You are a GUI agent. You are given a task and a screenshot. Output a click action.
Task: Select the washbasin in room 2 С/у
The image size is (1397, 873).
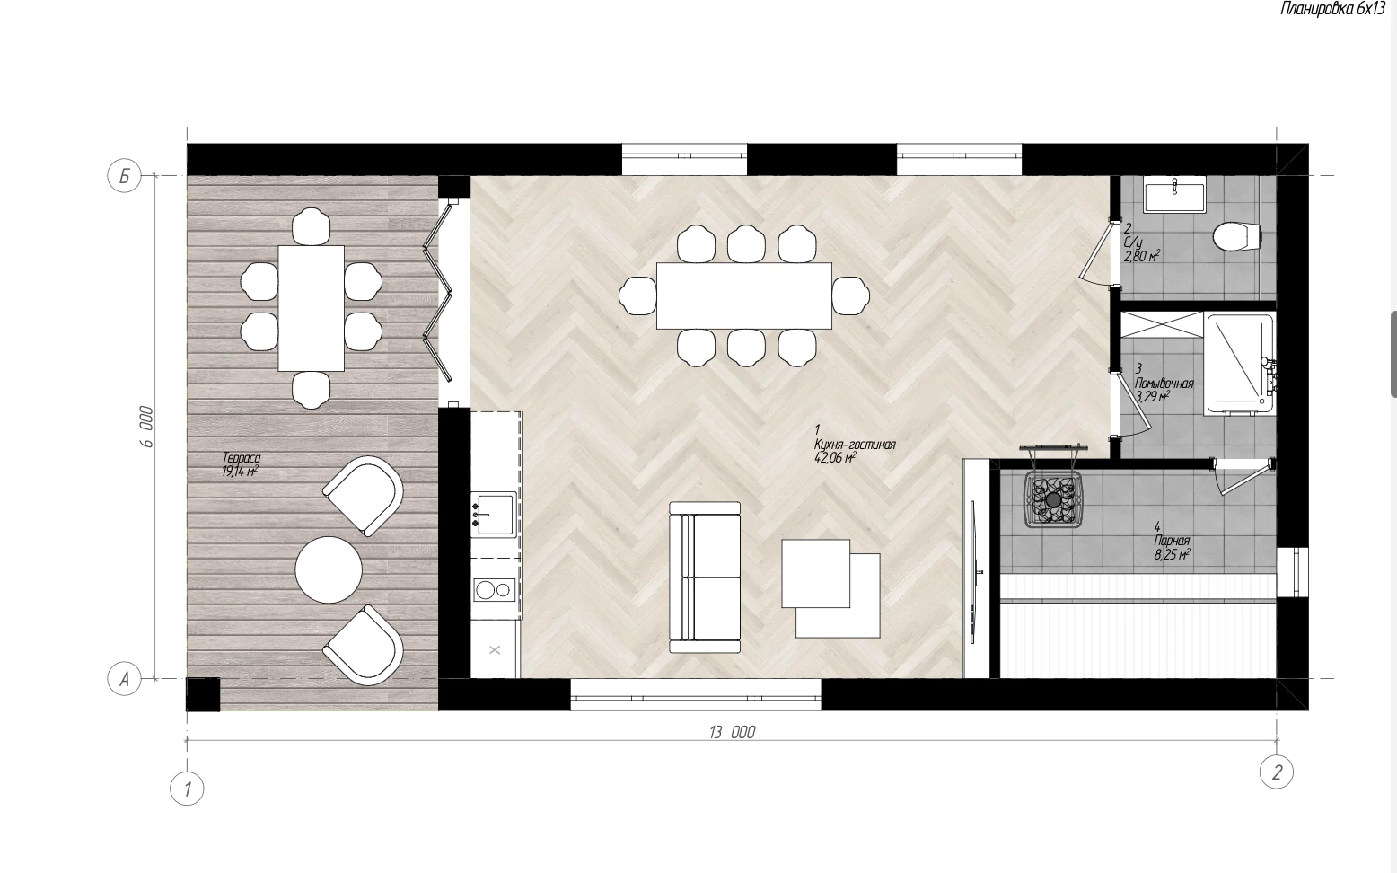(1174, 194)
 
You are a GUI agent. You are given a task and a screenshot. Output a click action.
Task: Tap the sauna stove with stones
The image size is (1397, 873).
(1053, 500)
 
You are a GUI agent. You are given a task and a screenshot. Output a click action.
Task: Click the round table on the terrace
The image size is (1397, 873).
(329, 569)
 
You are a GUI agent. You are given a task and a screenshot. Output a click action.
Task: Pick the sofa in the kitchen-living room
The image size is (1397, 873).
(705, 578)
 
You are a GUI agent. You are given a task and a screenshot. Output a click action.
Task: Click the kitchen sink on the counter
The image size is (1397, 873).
(494, 515)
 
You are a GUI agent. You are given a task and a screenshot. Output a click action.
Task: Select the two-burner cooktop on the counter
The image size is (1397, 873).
(495, 590)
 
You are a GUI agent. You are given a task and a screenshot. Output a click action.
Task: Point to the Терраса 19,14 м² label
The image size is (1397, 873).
(241, 465)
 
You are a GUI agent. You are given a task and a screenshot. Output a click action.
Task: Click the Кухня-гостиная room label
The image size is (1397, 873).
(855, 444)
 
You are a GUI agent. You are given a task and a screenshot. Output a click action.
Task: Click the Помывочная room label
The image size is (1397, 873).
(1164, 384)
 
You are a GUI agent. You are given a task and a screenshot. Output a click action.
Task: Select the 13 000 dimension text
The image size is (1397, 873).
(733, 732)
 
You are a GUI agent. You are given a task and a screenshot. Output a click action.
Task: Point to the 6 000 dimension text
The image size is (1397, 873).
(145, 427)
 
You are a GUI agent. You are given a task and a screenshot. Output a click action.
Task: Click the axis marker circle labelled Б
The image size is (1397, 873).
(124, 176)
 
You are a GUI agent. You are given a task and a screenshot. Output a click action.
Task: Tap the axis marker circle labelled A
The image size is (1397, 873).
(124, 679)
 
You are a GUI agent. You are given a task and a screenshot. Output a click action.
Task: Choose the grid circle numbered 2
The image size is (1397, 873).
(1276, 772)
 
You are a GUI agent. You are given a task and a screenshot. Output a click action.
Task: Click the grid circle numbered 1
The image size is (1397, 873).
(187, 789)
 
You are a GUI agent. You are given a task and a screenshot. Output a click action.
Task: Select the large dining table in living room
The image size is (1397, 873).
(744, 295)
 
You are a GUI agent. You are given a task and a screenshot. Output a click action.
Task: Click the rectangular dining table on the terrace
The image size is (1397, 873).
(312, 308)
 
